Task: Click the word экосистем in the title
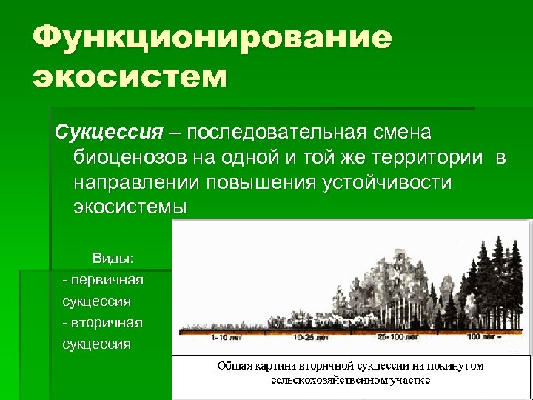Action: (x=130, y=77)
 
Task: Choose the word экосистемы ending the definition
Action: (x=130, y=207)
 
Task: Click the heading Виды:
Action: (x=113, y=259)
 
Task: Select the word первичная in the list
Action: (x=104, y=280)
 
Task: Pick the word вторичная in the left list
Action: (x=104, y=323)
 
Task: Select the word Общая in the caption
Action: (x=235, y=366)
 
